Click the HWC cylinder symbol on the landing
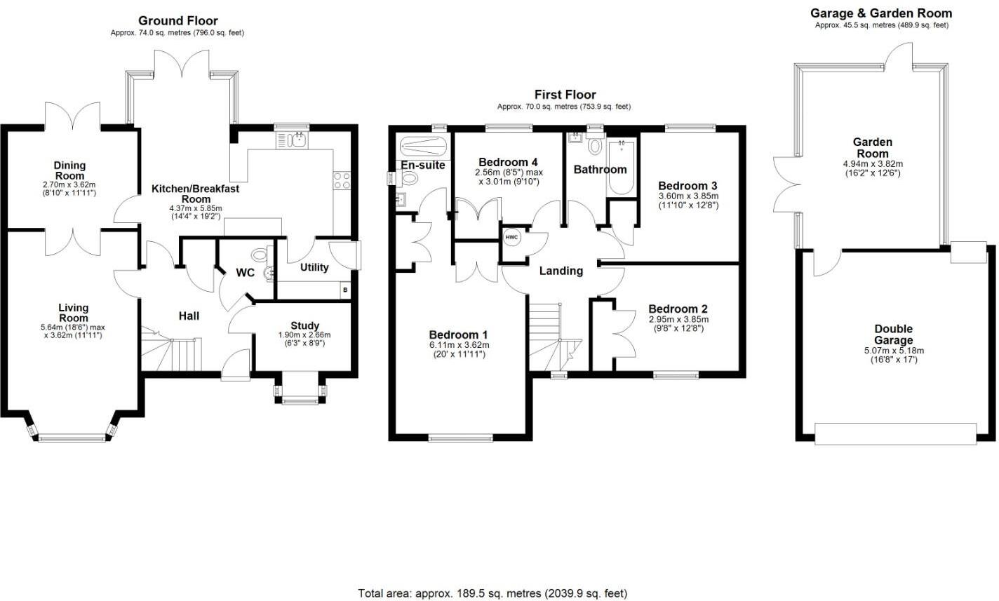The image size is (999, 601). [x=511, y=237]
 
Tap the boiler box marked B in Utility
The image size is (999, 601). [x=344, y=290]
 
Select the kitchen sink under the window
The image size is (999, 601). [x=292, y=140]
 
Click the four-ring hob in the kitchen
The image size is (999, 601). [x=342, y=180]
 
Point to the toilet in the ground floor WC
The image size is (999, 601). [x=259, y=255]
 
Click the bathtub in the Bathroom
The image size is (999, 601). [x=622, y=167]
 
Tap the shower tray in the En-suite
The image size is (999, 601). [x=423, y=146]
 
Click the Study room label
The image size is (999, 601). [x=304, y=325]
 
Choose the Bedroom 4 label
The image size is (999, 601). [x=508, y=162]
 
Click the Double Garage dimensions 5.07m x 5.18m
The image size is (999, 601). [x=894, y=351]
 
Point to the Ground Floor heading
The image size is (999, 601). [x=178, y=20]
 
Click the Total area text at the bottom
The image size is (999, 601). [x=492, y=593]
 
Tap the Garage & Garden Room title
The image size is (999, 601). [x=881, y=13]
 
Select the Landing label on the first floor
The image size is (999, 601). [x=561, y=271]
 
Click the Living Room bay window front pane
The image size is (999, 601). [x=72, y=439]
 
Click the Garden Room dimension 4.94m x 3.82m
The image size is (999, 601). [x=873, y=164]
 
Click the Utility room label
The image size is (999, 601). [x=314, y=267]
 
